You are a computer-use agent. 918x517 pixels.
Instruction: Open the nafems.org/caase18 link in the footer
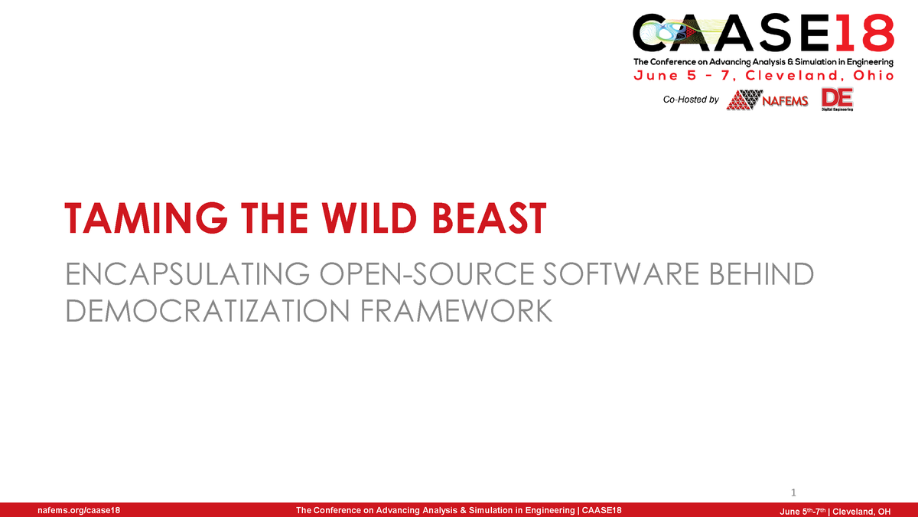(x=79, y=510)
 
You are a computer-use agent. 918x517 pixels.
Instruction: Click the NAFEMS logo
(x=767, y=100)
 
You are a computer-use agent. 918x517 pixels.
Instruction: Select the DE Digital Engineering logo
(x=837, y=100)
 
